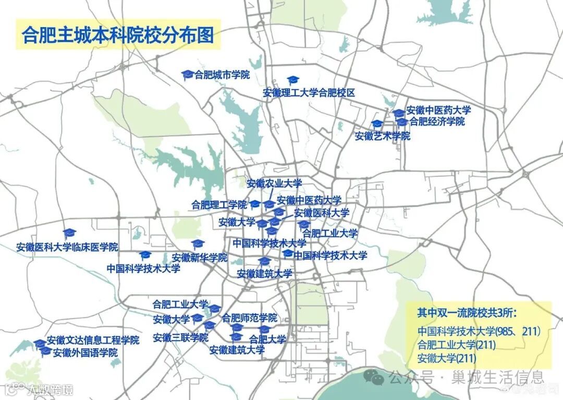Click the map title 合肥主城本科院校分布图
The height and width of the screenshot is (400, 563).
118,34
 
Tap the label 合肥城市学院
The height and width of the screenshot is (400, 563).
222,75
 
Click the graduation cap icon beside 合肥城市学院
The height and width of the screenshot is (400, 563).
188,75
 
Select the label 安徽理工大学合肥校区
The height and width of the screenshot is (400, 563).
309,93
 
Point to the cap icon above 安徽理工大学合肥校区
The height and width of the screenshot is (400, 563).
293,80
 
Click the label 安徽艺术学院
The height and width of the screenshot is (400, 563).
383,137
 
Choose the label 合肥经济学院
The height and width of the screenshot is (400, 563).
437,122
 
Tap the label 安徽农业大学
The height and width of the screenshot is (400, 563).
274,184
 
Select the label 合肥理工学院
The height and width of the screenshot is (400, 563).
219,204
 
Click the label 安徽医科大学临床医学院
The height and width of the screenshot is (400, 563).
67,247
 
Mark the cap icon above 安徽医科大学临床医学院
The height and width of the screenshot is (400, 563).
69,233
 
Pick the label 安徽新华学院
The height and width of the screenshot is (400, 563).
200,258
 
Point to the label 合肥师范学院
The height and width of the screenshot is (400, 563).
249,318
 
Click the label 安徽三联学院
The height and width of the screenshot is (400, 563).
180,338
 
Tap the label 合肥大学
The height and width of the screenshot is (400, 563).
267,339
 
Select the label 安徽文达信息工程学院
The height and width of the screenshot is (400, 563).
93,341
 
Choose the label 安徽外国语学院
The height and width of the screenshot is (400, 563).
85,353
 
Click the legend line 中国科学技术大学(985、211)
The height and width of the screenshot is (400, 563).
479,331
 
